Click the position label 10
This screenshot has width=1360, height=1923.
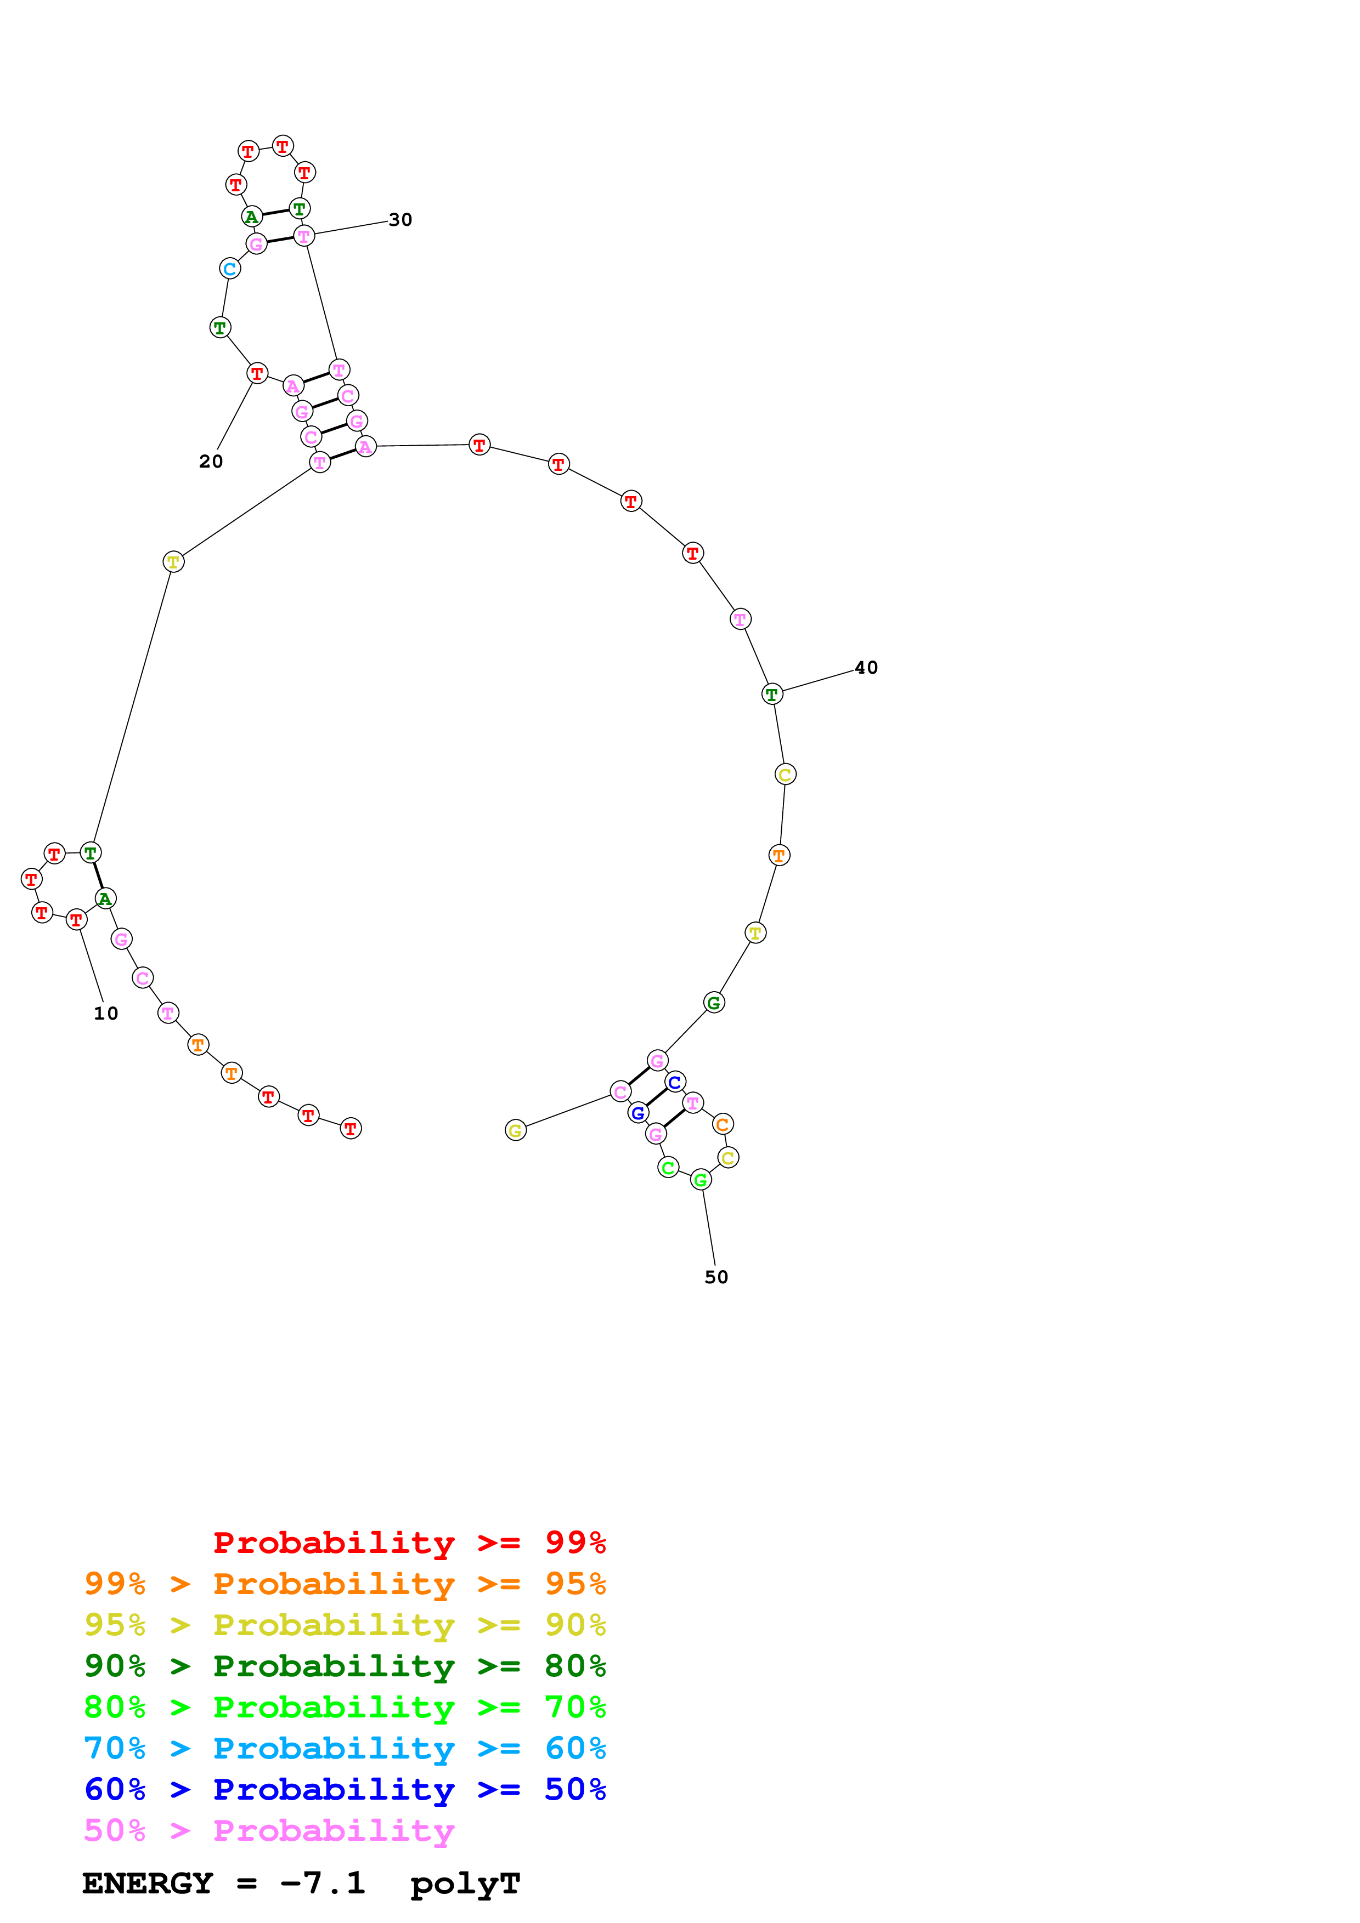tap(105, 1014)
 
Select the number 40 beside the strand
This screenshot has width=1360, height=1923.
tap(866, 668)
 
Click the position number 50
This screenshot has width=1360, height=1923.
tap(716, 1277)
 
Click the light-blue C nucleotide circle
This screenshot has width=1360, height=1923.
tap(230, 269)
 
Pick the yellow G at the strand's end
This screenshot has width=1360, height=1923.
tap(515, 1131)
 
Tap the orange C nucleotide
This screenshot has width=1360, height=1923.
tap(723, 1124)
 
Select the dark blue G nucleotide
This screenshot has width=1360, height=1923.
tap(637, 1113)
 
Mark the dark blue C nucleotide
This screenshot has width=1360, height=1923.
tap(675, 1082)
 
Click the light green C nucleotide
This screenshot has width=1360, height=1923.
tap(668, 1168)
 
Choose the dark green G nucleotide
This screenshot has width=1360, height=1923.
tap(713, 1003)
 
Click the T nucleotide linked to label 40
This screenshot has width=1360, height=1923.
tap(772, 695)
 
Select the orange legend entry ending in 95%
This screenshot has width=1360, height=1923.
tap(345, 1584)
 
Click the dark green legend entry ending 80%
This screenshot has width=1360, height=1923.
tap(345, 1666)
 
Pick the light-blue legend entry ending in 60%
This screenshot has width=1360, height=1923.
tap(345, 1748)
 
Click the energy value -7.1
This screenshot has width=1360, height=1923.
tap(323, 1884)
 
